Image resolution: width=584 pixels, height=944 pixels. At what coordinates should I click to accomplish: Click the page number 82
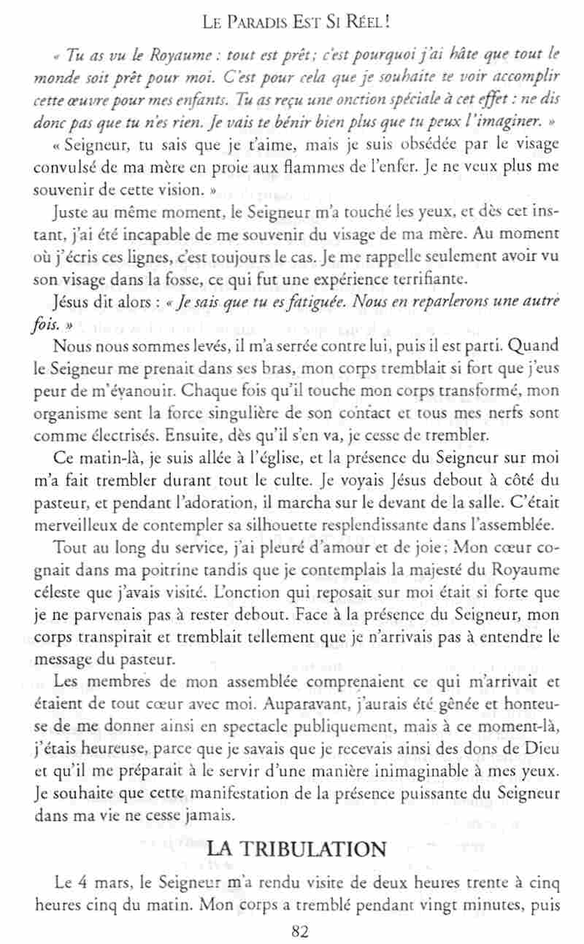point(300,931)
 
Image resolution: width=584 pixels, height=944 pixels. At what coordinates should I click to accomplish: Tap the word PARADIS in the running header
point(263,23)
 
